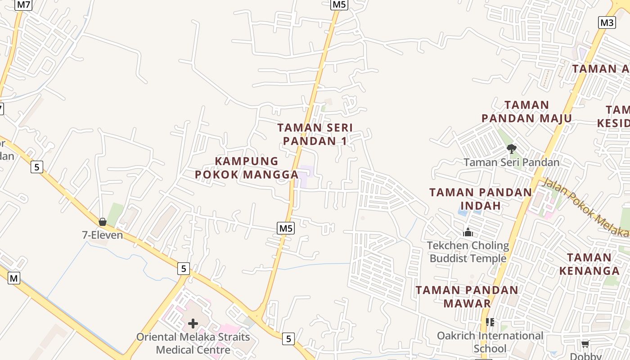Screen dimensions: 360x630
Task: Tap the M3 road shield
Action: tap(607, 22)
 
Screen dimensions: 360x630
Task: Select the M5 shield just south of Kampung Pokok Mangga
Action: tap(286, 229)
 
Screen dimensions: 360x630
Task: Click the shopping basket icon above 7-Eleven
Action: tap(103, 222)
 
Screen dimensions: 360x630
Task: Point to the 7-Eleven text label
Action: tap(102, 234)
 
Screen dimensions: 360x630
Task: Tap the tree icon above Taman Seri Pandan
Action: tap(511, 148)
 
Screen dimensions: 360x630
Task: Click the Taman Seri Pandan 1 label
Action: tap(315, 134)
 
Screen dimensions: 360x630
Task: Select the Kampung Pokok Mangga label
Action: tap(247, 167)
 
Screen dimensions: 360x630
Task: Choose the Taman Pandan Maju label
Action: tap(526, 112)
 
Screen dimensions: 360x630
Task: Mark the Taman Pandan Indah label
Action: tap(481, 199)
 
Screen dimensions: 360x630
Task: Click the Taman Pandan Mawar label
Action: tap(467, 297)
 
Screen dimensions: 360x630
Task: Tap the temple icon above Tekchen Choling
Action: tap(468, 233)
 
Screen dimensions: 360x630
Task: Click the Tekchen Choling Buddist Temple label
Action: tap(468, 252)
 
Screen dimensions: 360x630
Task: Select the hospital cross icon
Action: tap(193, 324)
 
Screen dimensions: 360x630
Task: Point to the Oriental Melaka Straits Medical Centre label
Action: tap(193, 343)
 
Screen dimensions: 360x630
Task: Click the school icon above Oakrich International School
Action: tap(490, 322)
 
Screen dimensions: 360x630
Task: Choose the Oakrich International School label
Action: tap(490, 342)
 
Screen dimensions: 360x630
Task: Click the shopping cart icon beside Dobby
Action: tap(585, 344)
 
